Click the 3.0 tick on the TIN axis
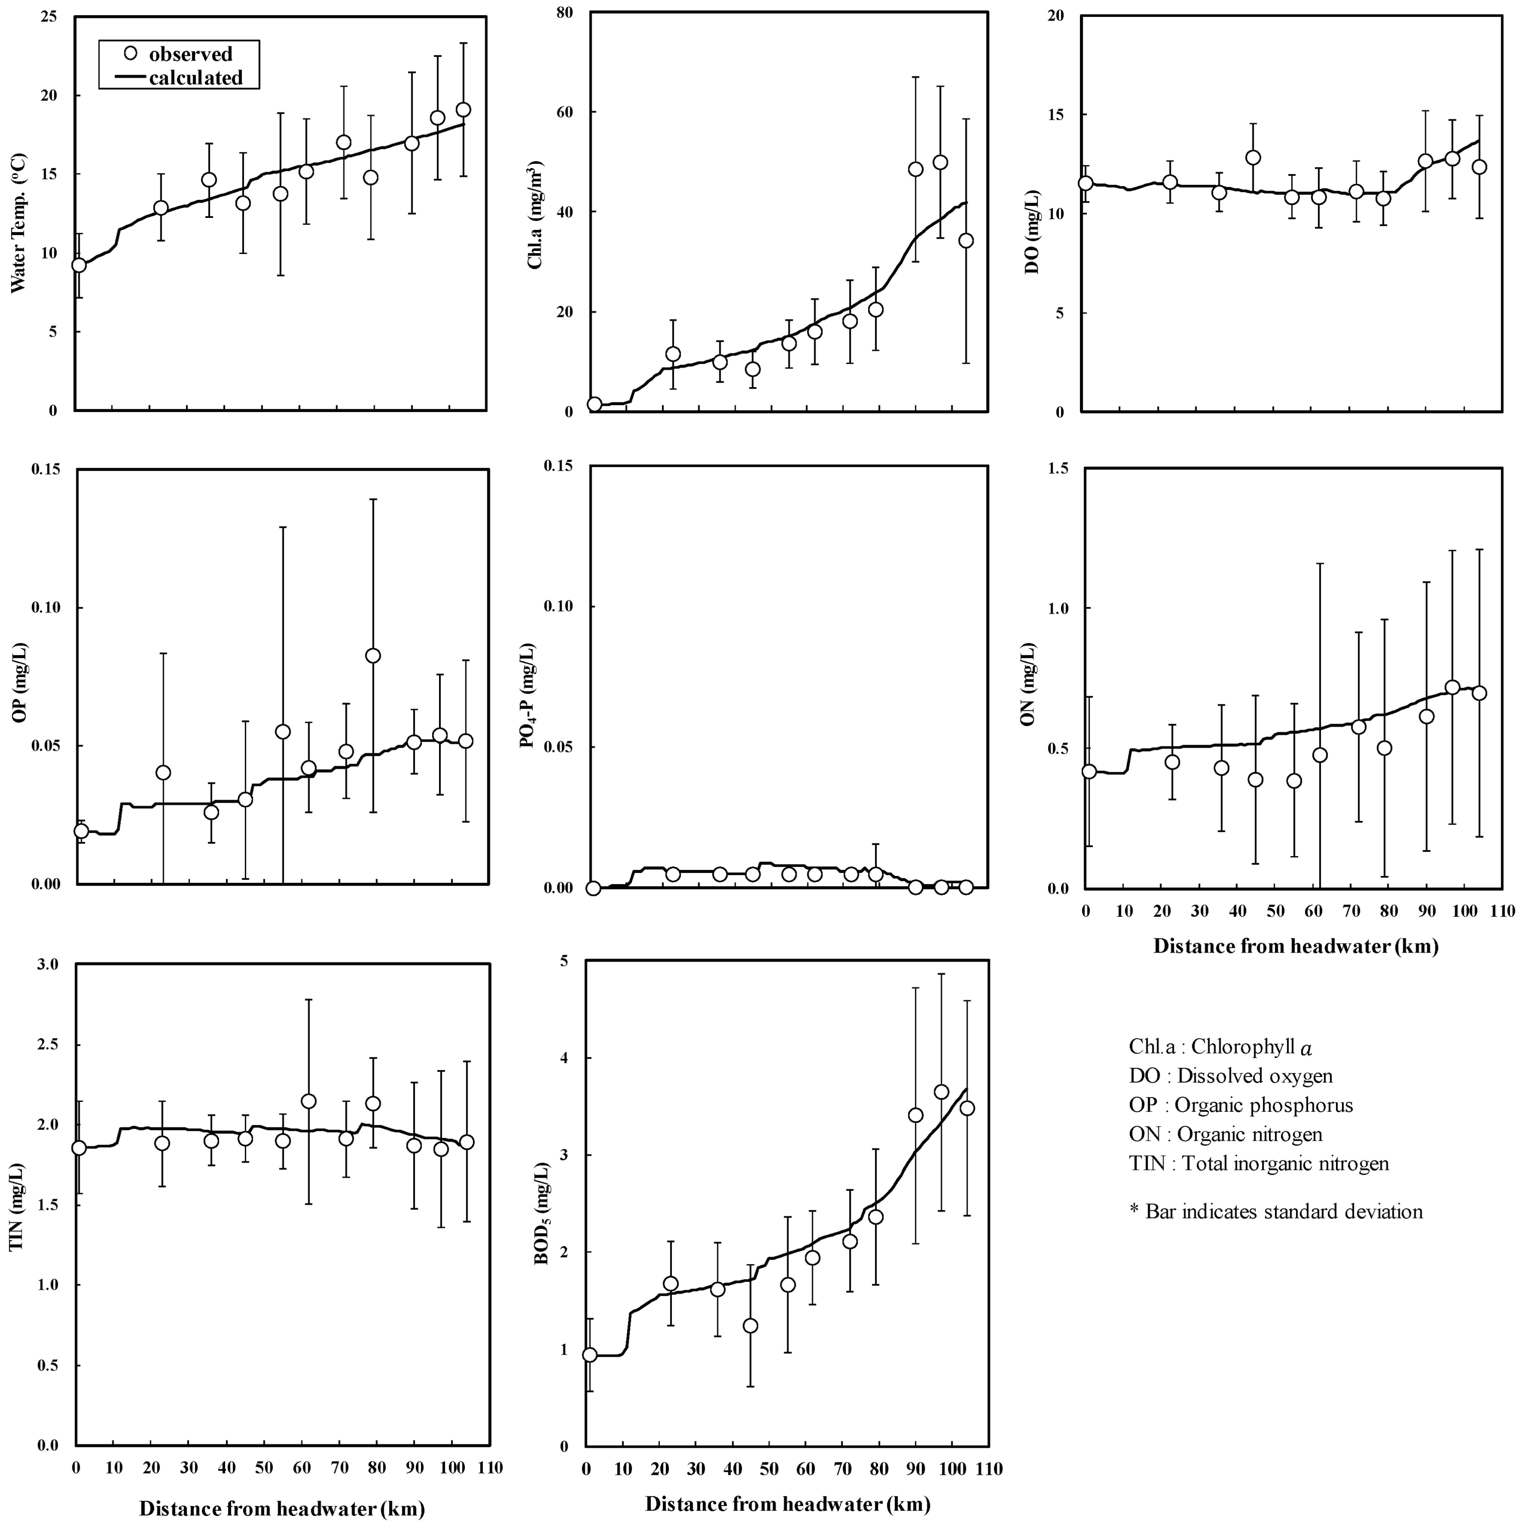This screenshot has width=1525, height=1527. pyautogui.click(x=47, y=964)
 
